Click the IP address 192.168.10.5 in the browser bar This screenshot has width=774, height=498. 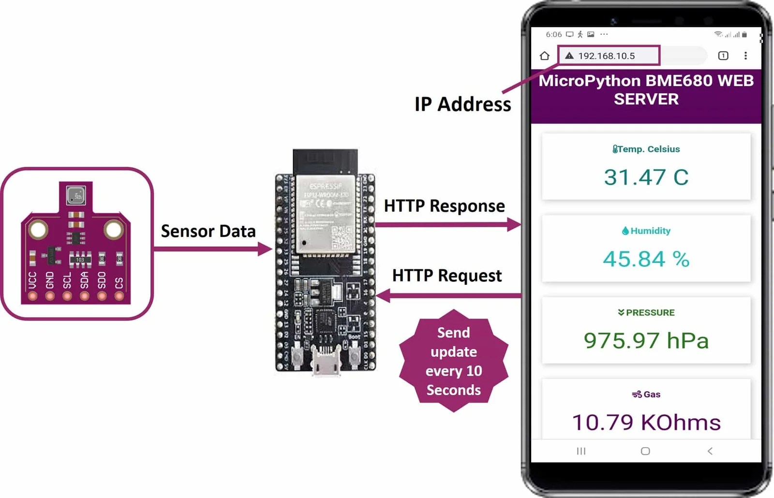pos(606,56)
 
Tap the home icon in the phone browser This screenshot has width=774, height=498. pos(544,56)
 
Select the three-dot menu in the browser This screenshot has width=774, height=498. pos(745,56)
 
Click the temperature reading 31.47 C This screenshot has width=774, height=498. pos(646,177)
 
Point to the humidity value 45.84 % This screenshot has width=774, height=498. pos(646,259)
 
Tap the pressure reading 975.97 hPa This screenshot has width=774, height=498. pos(646,341)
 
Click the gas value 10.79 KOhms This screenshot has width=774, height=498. pos(646,423)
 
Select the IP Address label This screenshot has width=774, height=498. pos(462,104)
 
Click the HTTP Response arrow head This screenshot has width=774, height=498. pos(514,224)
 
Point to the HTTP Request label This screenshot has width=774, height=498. pos(447,276)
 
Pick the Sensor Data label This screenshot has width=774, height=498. pos(208,232)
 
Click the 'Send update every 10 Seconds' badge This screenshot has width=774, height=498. pos(453,361)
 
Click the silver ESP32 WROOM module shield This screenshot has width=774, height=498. pos(325,213)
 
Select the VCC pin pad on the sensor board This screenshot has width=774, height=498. pos(32,296)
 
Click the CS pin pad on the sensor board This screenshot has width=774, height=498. pos(119,296)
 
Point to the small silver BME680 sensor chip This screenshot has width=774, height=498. pos(76,195)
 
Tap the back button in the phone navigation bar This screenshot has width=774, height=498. pos(710,451)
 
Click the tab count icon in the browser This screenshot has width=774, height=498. pos(723,56)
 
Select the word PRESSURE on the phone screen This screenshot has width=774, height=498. pos(650,313)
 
